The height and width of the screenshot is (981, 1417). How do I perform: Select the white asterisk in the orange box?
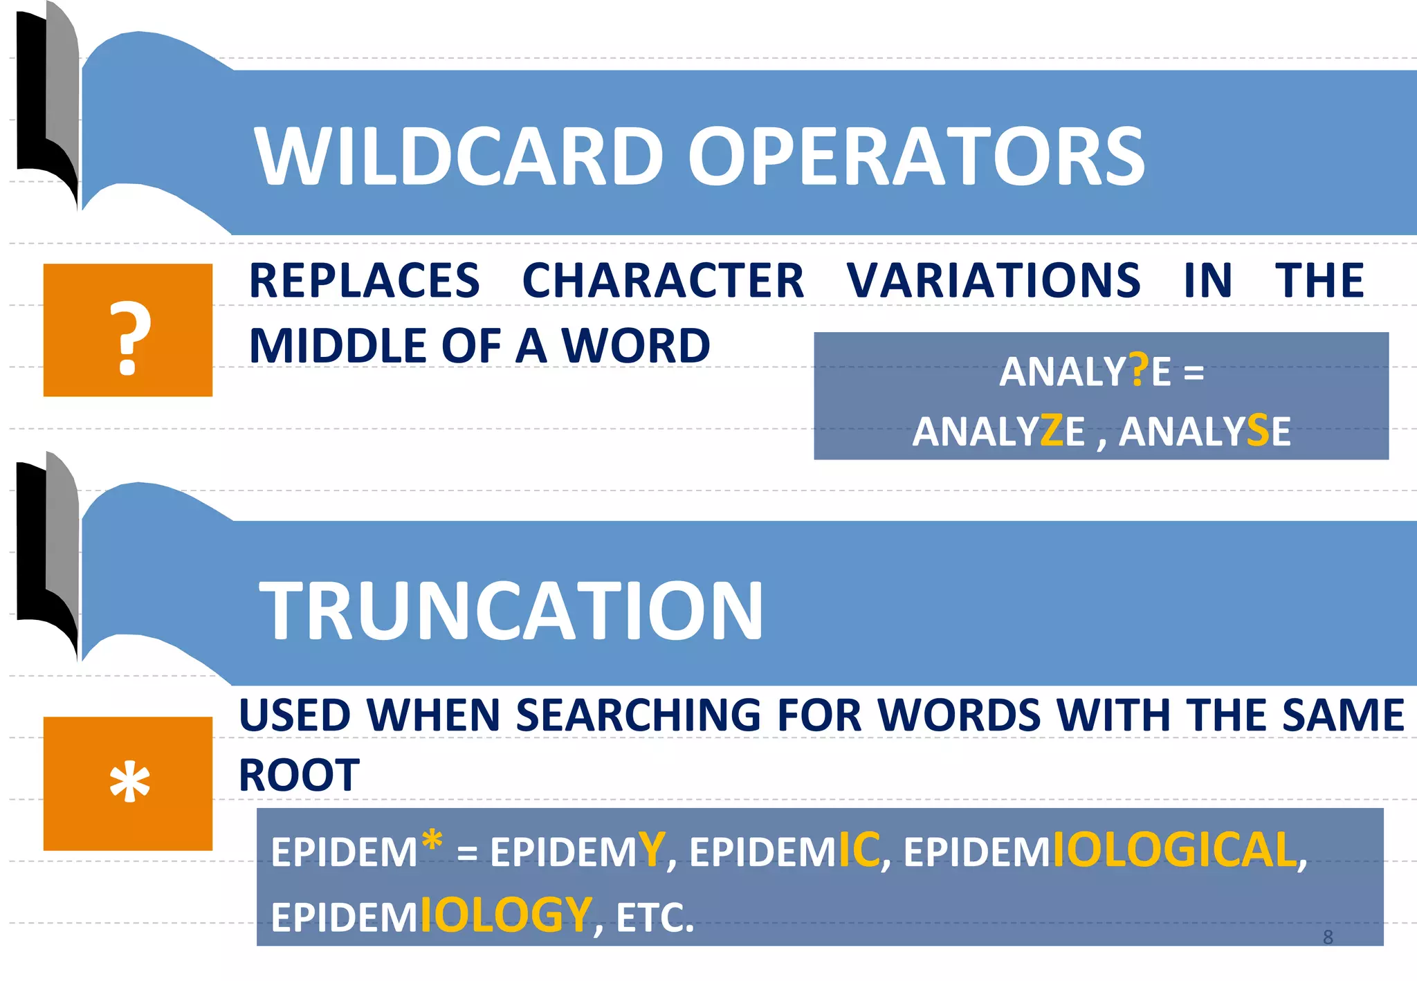coord(129,783)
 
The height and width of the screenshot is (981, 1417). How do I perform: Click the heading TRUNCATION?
coord(511,610)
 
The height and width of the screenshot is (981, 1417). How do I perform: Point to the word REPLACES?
coord(364,281)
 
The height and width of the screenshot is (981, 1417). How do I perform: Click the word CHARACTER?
coord(663,281)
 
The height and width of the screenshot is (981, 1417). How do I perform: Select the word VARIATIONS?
coord(994,281)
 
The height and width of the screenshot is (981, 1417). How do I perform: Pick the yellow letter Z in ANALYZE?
coord(1052,430)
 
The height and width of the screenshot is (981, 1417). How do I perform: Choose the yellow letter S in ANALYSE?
coord(1259,430)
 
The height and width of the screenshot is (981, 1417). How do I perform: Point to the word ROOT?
coord(299,775)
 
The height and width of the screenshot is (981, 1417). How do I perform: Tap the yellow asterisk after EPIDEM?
coord(432,841)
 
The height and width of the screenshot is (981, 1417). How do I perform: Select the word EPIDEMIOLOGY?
coord(431,916)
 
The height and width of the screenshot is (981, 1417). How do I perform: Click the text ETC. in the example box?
coord(655,917)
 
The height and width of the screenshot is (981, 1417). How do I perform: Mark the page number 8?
coord(1328,937)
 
